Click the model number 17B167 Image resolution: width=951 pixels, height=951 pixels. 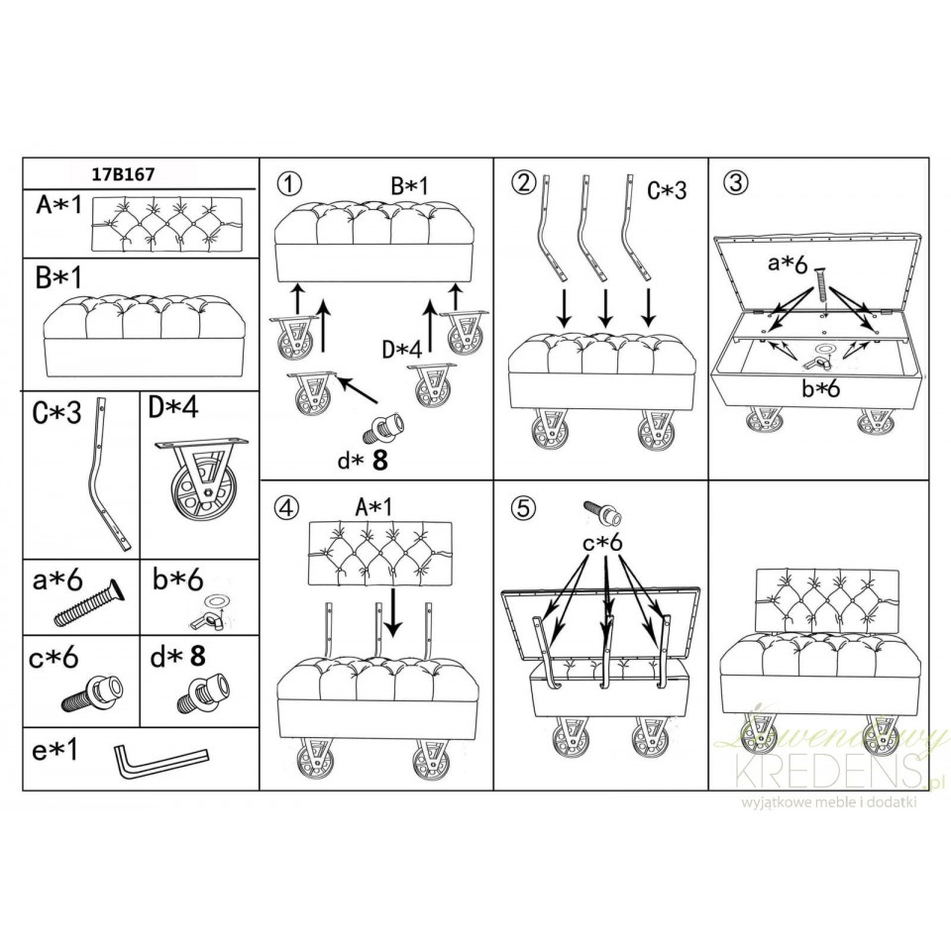click(123, 174)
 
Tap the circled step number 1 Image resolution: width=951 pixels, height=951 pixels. click(290, 183)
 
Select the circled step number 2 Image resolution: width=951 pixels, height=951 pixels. click(523, 180)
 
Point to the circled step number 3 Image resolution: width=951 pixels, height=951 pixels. click(736, 181)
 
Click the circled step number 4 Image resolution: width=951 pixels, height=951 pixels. click(287, 506)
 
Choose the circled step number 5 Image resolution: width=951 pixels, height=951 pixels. click(523, 507)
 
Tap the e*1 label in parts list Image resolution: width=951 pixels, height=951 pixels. click(55, 750)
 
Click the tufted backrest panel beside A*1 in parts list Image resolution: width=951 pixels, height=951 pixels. click(166, 224)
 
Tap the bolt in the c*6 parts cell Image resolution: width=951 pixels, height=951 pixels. click(93, 694)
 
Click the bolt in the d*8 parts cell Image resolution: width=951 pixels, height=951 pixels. click(204, 694)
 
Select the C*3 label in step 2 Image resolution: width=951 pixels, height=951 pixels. click(667, 190)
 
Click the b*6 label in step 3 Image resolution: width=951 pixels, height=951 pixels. click(821, 388)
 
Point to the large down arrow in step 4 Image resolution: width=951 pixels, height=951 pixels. click(393, 612)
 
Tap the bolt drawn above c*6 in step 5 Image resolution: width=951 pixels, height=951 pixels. click(602, 512)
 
